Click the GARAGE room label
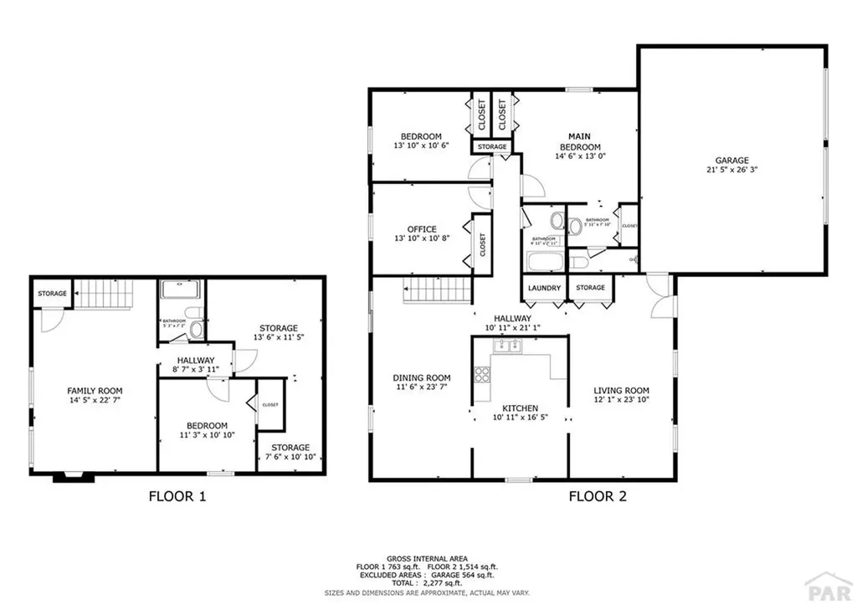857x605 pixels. pos(731,161)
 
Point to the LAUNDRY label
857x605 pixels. pos(544,289)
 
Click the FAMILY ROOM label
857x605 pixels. pos(95,391)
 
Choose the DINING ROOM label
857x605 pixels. pos(420,378)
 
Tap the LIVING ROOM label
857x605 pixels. pos(621,391)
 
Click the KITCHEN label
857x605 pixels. pos(520,408)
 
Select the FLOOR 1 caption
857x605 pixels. pos(177,496)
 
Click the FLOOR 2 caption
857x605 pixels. pos(598,496)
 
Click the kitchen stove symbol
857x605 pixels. pos(482,374)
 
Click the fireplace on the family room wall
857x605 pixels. pos(69,477)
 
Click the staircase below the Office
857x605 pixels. pos(434,291)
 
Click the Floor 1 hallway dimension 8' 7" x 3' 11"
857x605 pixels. pos(194,369)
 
